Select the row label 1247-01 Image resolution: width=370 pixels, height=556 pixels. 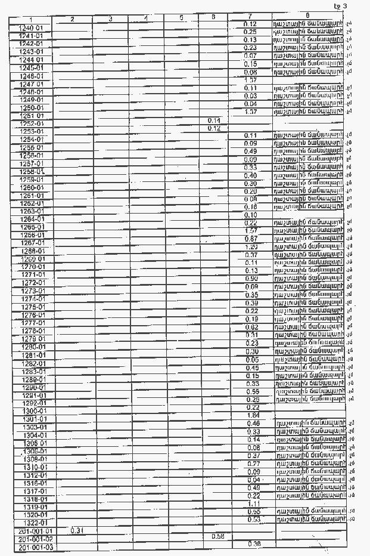pyautogui.click(x=31, y=85)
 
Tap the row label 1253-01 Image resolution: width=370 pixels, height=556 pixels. pyautogui.click(x=32, y=132)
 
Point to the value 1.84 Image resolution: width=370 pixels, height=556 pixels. pyautogui.click(x=252, y=415)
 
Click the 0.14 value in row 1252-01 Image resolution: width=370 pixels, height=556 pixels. pyautogui.click(x=214, y=121)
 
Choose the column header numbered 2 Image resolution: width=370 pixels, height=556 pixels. pyautogui.click(x=72, y=20)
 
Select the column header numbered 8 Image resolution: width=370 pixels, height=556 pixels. pyautogui.click(x=307, y=15)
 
